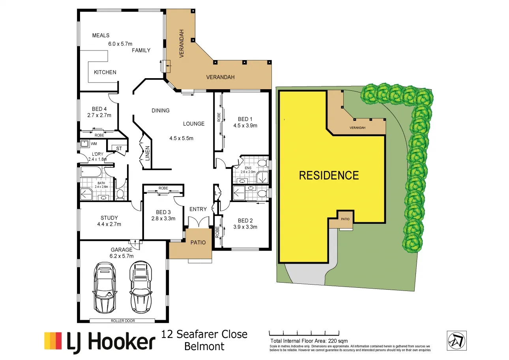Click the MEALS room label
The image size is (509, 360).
(101, 36)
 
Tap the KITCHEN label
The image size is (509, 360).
(105, 72)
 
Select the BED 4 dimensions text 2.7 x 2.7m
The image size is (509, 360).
(99, 116)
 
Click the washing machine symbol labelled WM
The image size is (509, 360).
(84, 144)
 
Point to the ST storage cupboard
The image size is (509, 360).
(119, 148)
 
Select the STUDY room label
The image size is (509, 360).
(109, 217)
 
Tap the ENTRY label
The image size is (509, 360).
(198, 209)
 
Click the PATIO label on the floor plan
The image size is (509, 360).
(198, 242)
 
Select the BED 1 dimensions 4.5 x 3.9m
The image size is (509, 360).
(245, 126)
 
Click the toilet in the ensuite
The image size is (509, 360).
(261, 163)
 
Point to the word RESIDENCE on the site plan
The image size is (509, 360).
(329, 175)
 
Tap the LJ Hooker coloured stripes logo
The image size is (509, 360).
(53, 341)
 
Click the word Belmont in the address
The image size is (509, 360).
(204, 347)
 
